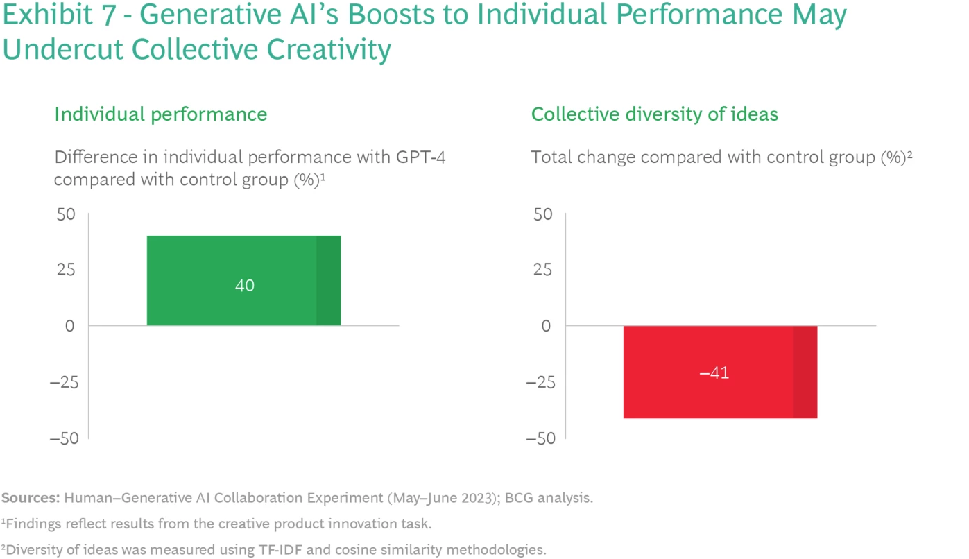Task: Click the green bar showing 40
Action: coord(232,280)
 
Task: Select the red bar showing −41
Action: coord(708,372)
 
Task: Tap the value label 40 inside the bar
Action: coord(245,285)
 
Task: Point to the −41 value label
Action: coord(714,372)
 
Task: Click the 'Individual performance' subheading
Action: coord(160,114)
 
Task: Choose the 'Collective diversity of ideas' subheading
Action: coord(654,114)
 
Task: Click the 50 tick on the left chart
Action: coord(65,214)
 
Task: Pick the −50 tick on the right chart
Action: coord(540,438)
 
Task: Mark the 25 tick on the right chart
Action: coord(542,270)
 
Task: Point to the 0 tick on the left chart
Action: coord(69,326)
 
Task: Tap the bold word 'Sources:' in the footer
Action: coord(31,498)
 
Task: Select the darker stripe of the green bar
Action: coord(328,280)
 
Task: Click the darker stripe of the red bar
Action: coord(805,372)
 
